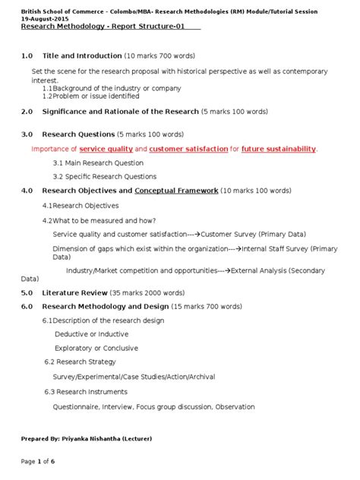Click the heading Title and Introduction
[x=82, y=56]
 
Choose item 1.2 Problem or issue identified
[x=90, y=96]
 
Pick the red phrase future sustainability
[x=278, y=149]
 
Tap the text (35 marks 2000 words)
[x=152, y=292]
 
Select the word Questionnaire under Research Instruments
[x=79, y=406]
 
